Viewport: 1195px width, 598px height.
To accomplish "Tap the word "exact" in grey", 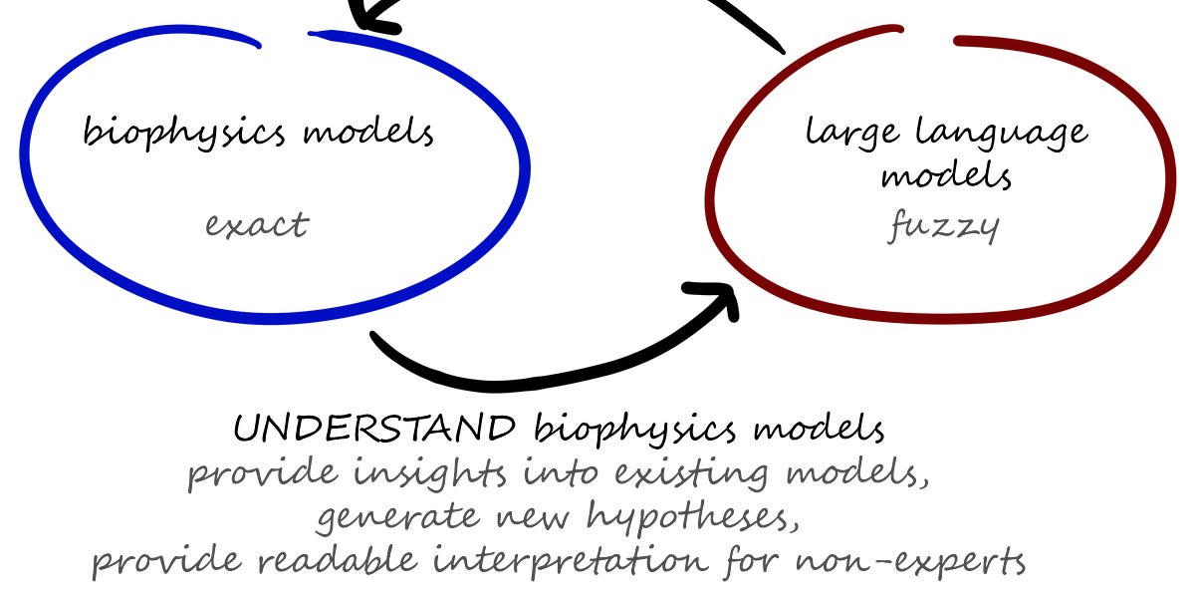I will coord(257,224).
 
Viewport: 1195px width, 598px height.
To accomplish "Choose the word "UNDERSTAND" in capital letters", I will coord(374,429).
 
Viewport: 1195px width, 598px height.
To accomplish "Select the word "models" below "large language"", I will coord(946,176).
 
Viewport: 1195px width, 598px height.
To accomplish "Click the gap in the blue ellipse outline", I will coord(285,39).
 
